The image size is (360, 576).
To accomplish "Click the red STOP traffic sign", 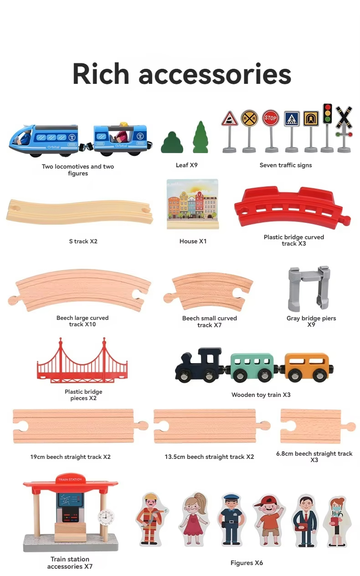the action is [271, 118].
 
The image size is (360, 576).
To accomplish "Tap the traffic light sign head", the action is [327, 113].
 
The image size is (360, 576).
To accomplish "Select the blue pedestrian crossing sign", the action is [292, 118].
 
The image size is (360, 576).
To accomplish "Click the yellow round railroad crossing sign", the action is [249, 118].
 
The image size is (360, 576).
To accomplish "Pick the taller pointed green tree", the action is [201, 138].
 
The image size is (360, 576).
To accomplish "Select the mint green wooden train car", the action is [252, 367].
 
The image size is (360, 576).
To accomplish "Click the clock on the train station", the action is [106, 517].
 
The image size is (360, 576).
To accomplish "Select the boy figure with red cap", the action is [269, 520].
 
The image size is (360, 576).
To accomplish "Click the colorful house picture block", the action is [193, 204].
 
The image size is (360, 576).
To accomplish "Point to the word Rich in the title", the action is [101, 74].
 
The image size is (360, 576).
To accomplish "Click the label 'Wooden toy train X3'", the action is [261, 395].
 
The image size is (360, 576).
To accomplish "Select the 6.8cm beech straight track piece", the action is [318, 426].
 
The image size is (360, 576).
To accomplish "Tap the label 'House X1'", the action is [193, 241].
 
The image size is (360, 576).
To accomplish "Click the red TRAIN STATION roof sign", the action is [70, 478].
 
